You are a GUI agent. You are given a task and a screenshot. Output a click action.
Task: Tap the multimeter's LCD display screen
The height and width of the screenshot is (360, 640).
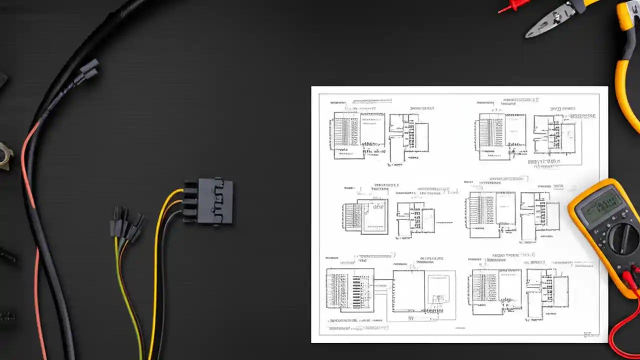602,205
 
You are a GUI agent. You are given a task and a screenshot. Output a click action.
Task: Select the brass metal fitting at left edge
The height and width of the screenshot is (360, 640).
5,156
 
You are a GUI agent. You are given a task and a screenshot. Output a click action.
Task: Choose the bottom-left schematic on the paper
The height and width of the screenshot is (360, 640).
390,292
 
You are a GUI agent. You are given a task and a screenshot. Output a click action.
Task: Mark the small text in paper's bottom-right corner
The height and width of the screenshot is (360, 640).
588,334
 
